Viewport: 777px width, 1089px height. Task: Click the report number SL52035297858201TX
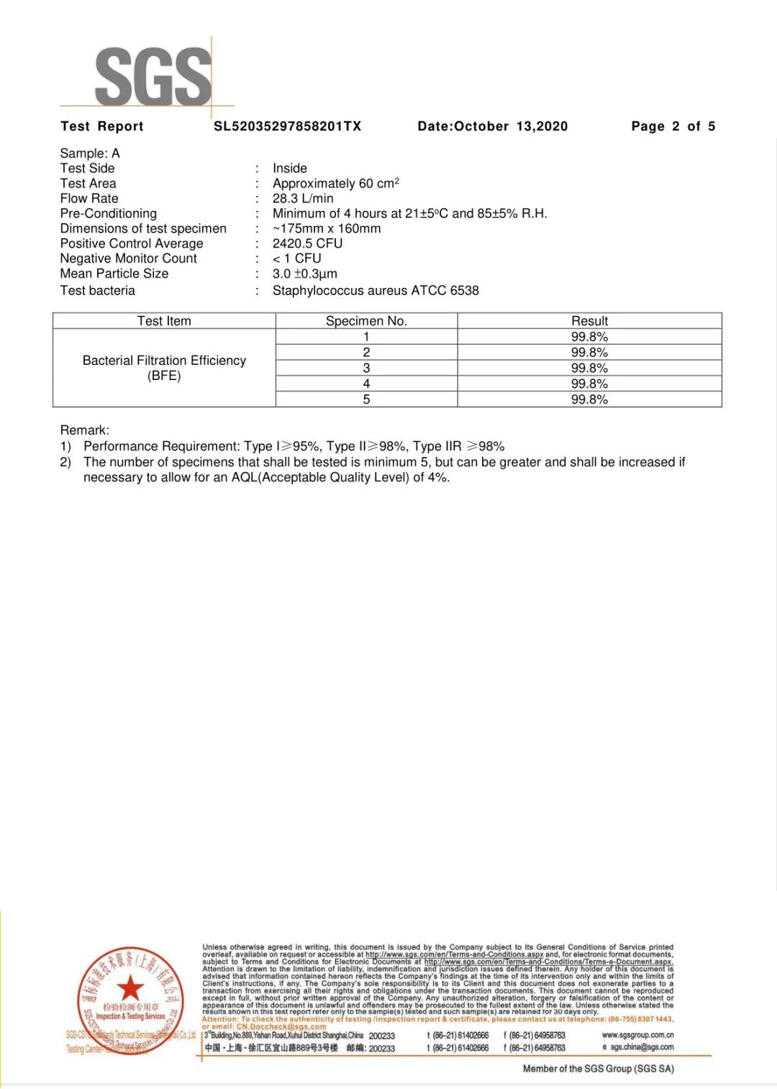coord(287,127)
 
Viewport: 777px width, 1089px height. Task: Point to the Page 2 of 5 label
coord(673,127)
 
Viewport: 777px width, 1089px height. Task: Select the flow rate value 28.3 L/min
coord(303,199)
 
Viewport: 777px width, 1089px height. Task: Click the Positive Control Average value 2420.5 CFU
coord(307,243)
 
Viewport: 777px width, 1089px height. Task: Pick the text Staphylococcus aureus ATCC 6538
coord(376,291)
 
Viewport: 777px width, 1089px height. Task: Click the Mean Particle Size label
coord(114,274)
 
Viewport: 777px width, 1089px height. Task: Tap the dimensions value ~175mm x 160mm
coord(327,228)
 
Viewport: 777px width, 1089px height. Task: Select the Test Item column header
coord(164,321)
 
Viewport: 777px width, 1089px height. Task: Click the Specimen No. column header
coord(366,321)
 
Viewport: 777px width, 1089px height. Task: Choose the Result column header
coord(589,321)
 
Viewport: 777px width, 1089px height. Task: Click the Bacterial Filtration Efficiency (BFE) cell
coord(164,368)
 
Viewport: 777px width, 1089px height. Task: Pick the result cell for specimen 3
coord(589,368)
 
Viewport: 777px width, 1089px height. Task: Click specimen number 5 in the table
coord(366,399)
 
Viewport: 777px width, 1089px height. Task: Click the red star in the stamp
coord(130,988)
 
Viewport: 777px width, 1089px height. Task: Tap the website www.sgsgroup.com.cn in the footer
coord(637,1035)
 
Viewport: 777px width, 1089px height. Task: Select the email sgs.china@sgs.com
coord(642,1047)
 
